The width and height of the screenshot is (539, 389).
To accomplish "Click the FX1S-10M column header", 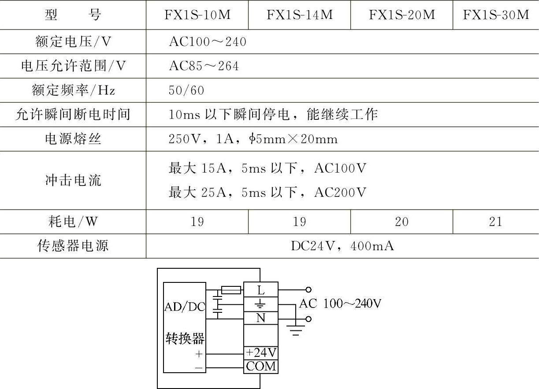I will pyautogui.click(x=197, y=15).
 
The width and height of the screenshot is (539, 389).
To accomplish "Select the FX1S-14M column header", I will pyautogui.click(x=299, y=15).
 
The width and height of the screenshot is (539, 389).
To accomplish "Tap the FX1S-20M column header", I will pyautogui.click(x=401, y=15).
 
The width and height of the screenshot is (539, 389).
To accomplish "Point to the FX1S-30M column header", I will pyautogui.click(x=496, y=15).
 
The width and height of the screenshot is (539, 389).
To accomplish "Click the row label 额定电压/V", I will pyautogui.click(x=73, y=42).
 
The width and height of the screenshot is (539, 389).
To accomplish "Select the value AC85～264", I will pyautogui.click(x=204, y=66).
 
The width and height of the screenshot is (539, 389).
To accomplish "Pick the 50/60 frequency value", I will pyautogui.click(x=186, y=90).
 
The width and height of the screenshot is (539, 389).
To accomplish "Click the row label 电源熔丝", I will pyautogui.click(x=73, y=139).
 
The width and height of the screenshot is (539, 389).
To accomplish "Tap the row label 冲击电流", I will pyautogui.click(x=73, y=180).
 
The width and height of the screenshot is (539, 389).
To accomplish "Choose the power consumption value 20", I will pyautogui.click(x=401, y=222).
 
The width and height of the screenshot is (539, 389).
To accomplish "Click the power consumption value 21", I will pyautogui.click(x=496, y=222).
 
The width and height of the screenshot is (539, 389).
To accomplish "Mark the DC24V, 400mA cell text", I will pyautogui.click(x=342, y=246).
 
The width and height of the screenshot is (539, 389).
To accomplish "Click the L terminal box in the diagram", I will pyautogui.click(x=261, y=290).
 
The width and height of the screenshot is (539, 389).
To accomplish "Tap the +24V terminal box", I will pyautogui.click(x=261, y=353).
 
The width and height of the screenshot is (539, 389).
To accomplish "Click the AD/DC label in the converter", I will pyautogui.click(x=185, y=307).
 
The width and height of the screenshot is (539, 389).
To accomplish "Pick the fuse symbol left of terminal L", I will pyautogui.click(x=230, y=290).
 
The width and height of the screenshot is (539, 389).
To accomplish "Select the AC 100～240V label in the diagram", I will pyautogui.click(x=340, y=304).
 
